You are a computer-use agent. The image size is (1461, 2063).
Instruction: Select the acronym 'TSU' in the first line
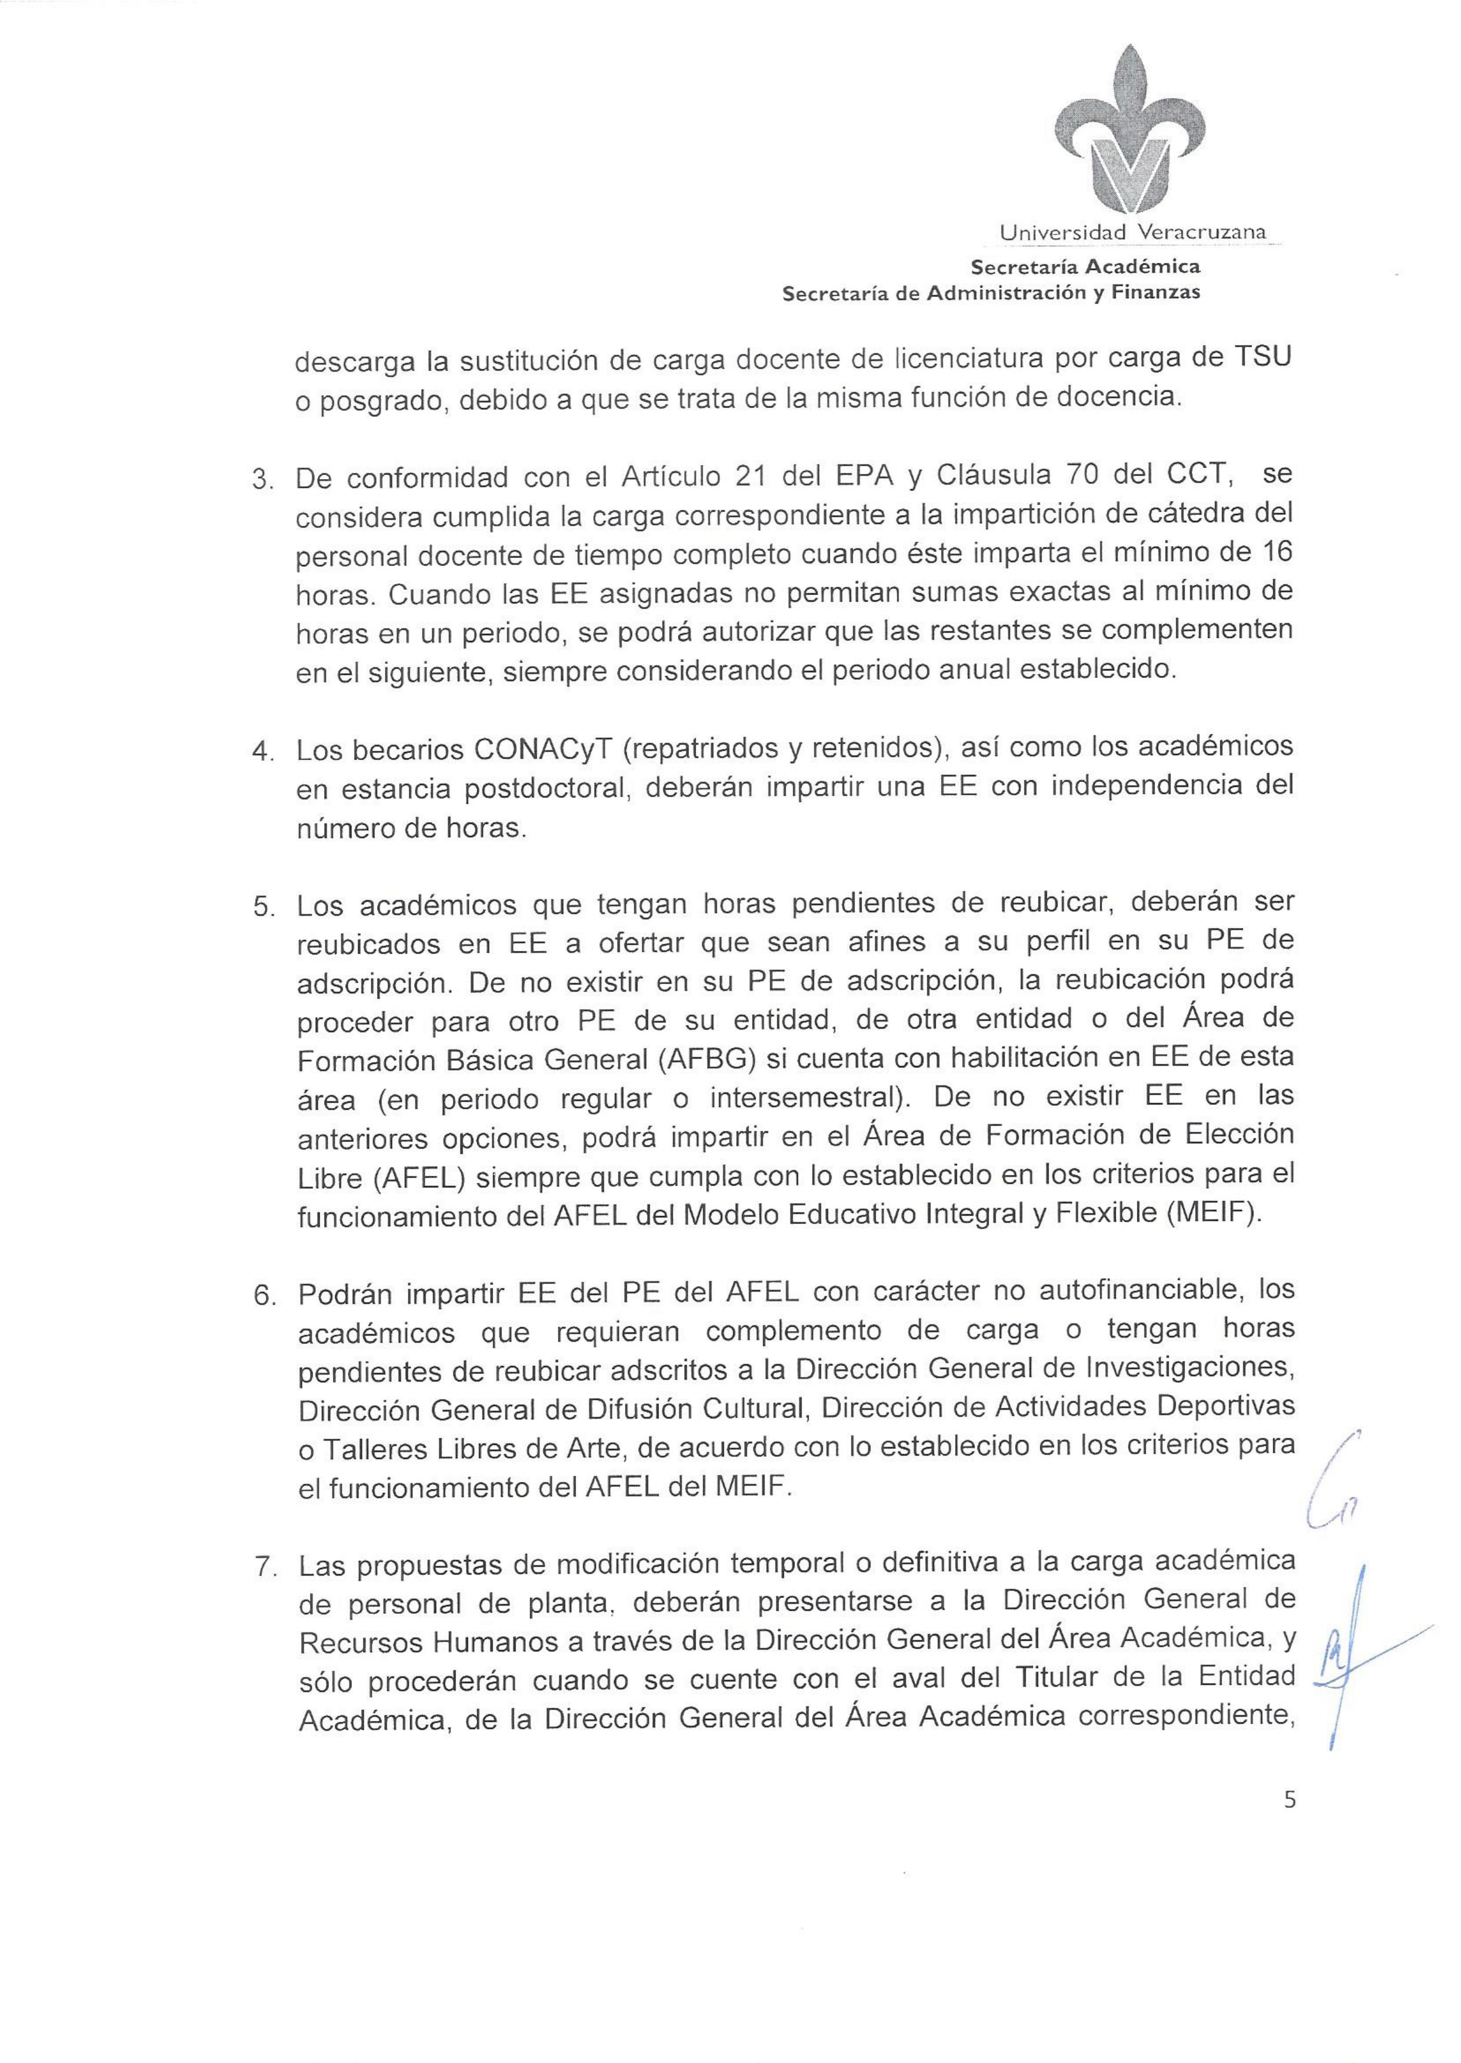click(x=1259, y=358)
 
